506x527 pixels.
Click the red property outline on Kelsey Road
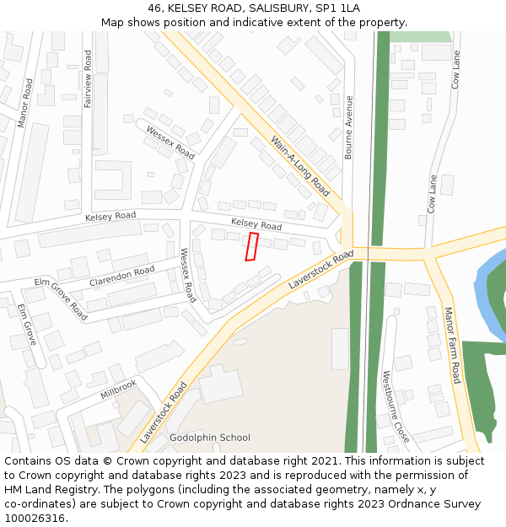[x=251, y=246]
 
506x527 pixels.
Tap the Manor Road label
[x=25, y=104]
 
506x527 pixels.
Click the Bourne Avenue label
[x=348, y=127]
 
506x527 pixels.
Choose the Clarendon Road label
[x=121, y=276]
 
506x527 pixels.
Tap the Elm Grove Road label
[x=61, y=298]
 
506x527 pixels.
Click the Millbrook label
[x=118, y=389]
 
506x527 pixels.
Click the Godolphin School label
[x=210, y=438]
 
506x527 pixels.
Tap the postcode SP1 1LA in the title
[x=337, y=8]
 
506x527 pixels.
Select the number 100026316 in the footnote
[x=35, y=519]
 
